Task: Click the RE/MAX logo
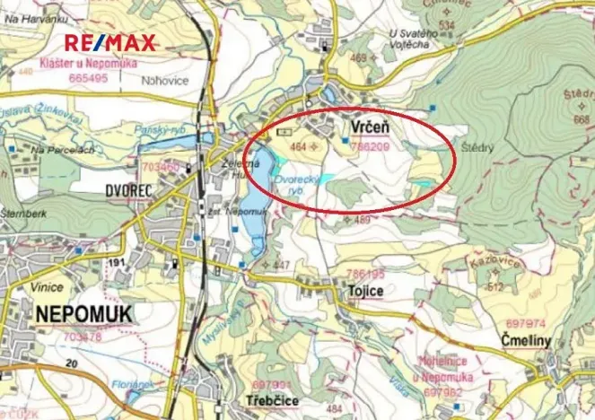click(110, 42)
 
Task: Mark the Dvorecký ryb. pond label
click(297, 184)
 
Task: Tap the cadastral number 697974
click(522, 322)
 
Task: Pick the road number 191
click(115, 262)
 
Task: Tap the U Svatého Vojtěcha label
click(417, 39)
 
